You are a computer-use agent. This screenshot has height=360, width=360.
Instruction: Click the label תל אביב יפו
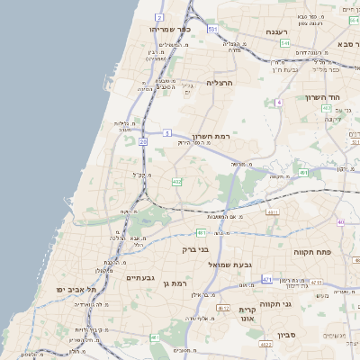point(75,289)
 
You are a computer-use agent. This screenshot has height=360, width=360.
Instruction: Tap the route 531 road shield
point(212,30)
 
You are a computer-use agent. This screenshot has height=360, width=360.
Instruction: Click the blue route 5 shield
point(167,133)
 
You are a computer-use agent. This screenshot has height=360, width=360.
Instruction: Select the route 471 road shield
point(266,280)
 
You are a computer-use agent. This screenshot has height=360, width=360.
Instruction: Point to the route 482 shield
point(177,183)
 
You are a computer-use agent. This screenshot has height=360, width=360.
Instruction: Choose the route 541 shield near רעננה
point(285,43)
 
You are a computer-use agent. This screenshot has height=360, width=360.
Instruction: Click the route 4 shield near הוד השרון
point(279,103)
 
